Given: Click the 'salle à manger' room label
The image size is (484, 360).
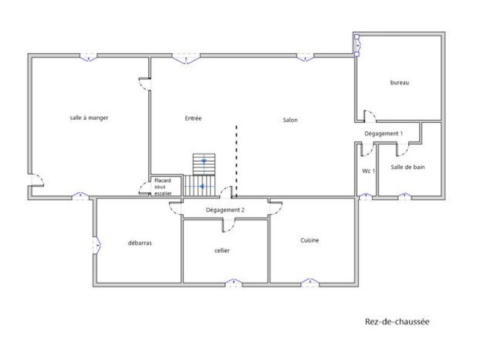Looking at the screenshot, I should tap(89, 118).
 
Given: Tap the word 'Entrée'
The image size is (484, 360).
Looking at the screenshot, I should tap(193, 119).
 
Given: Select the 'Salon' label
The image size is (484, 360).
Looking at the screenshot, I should tap(290, 120).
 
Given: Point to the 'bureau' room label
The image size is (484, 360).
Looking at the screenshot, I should tap(399, 83).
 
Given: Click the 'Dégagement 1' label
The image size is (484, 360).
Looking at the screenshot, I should tap(384, 133).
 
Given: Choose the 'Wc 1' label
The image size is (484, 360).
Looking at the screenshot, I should tap(368, 171).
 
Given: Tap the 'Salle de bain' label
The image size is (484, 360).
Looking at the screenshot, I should tap(407, 167).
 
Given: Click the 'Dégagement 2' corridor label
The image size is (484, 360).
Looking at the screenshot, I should tap(225, 210).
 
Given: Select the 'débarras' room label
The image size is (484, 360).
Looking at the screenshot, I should tap(140, 243).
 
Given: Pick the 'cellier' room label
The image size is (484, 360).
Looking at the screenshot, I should tap(222, 250).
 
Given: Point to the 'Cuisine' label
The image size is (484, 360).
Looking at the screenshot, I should tap(310, 240).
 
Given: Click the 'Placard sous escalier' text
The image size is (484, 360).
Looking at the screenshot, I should tap(163, 186).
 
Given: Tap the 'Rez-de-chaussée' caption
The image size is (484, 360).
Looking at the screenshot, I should tap(397, 322).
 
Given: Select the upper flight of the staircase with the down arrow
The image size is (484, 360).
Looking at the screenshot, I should tap(204, 163).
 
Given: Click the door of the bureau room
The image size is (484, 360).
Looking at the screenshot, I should tap(368, 116).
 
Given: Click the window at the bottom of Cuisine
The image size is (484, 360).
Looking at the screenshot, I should tap(310, 283).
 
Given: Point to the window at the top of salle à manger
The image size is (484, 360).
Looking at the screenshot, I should tap(89, 57).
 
